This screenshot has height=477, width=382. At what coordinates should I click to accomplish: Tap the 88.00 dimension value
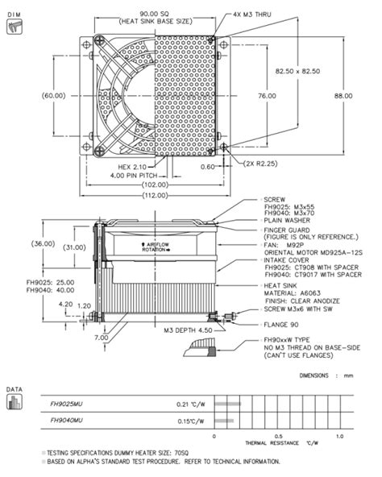click(x=345, y=96)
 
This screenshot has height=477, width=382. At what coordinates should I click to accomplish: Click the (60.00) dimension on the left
click(x=53, y=96)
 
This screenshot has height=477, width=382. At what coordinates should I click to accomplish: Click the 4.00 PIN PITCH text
click(x=117, y=176)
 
